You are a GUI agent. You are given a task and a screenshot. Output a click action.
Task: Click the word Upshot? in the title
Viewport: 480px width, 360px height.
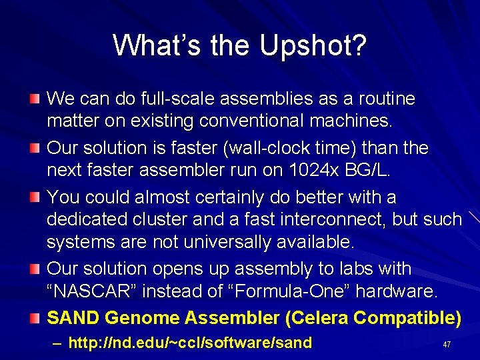click(313, 45)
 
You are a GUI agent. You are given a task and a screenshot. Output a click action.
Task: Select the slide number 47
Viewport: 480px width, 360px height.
click(447, 344)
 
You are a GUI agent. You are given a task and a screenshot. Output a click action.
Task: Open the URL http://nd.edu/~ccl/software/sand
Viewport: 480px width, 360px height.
click(190, 343)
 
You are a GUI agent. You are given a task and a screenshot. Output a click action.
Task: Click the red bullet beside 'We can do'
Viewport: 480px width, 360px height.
click(35, 99)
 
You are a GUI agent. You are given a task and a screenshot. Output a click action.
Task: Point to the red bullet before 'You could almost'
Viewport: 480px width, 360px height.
click(35, 198)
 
